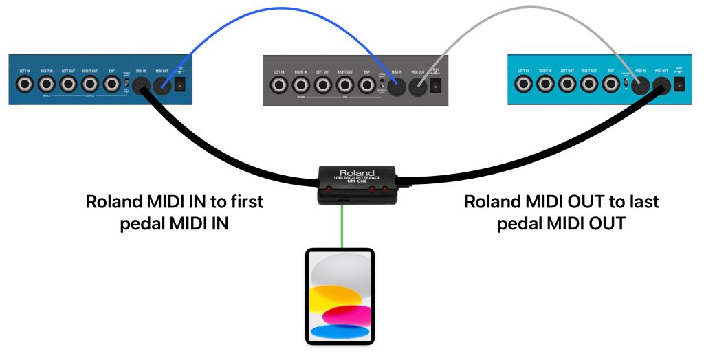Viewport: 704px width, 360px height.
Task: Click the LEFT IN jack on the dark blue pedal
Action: (25, 85)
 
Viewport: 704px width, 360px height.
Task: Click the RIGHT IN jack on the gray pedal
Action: (301, 85)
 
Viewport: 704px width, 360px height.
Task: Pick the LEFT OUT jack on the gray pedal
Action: (323, 85)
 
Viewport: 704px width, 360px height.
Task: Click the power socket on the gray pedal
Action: (436, 86)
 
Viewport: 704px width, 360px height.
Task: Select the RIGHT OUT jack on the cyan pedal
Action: (588, 85)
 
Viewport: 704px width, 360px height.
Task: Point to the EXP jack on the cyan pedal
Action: (610, 85)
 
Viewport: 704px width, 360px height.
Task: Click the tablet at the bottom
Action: (340, 296)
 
